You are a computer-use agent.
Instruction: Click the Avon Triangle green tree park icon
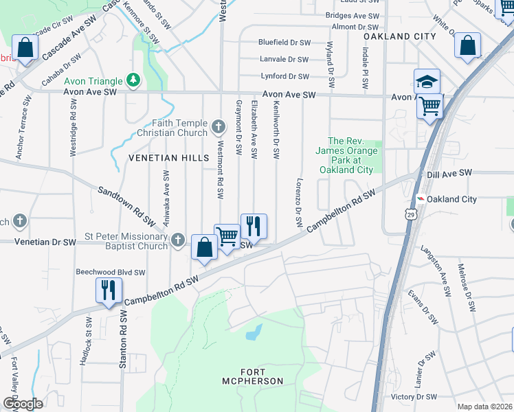(132, 81)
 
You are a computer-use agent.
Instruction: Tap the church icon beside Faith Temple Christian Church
(219, 126)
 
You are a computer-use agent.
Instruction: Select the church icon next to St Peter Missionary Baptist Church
(178, 240)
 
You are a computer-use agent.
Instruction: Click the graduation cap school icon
(426, 82)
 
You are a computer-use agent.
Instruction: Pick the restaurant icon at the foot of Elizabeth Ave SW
(253, 225)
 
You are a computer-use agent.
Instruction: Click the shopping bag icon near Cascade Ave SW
(25, 48)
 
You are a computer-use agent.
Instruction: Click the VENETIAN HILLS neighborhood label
(168, 158)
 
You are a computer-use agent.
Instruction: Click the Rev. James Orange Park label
(346, 155)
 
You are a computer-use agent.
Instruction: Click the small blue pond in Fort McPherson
(254, 333)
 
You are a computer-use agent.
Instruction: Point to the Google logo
(23, 404)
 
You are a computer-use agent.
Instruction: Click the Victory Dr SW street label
(414, 397)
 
